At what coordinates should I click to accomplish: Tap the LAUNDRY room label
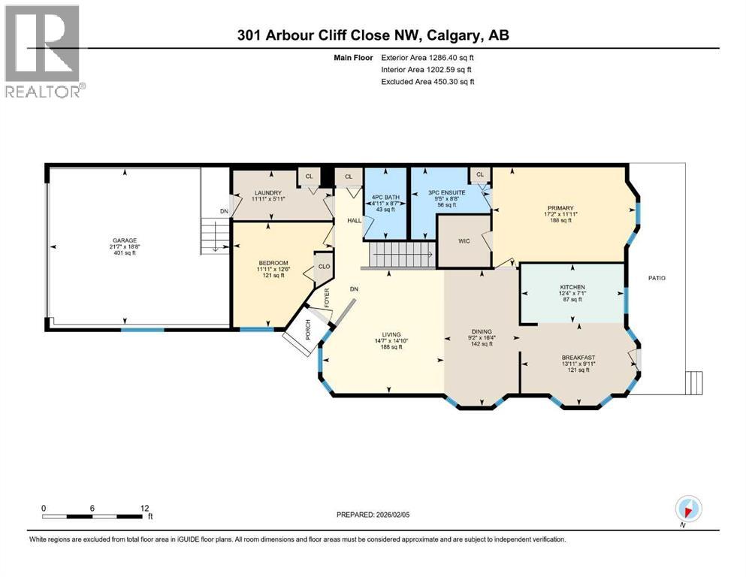point(267,193)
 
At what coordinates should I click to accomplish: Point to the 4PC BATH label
point(385,198)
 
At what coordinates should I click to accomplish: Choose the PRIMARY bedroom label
point(560,208)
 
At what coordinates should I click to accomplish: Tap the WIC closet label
point(464,242)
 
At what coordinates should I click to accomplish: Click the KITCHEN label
point(572,287)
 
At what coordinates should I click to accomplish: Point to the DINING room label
point(481,331)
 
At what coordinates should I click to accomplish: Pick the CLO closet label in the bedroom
point(324,266)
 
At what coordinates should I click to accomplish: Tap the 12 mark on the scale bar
point(144,508)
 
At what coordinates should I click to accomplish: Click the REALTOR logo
point(44,50)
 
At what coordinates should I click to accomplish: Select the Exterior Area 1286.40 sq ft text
point(426,56)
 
